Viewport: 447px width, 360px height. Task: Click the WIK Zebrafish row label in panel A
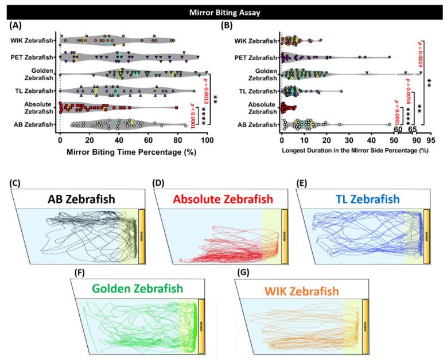(x=32, y=40)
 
